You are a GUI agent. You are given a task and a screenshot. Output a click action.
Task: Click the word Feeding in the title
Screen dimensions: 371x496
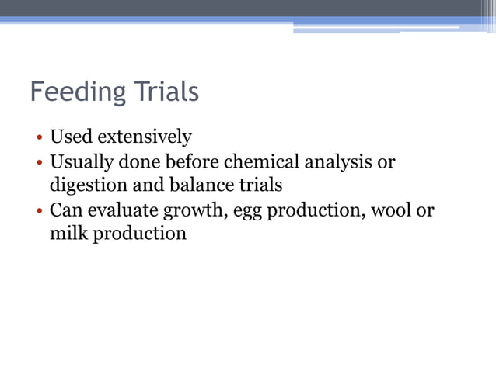pos(75,93)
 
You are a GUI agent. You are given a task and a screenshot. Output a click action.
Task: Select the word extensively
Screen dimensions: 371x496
pos(141,138)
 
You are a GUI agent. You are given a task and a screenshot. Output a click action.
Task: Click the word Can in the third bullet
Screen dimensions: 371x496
pos(65,211)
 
